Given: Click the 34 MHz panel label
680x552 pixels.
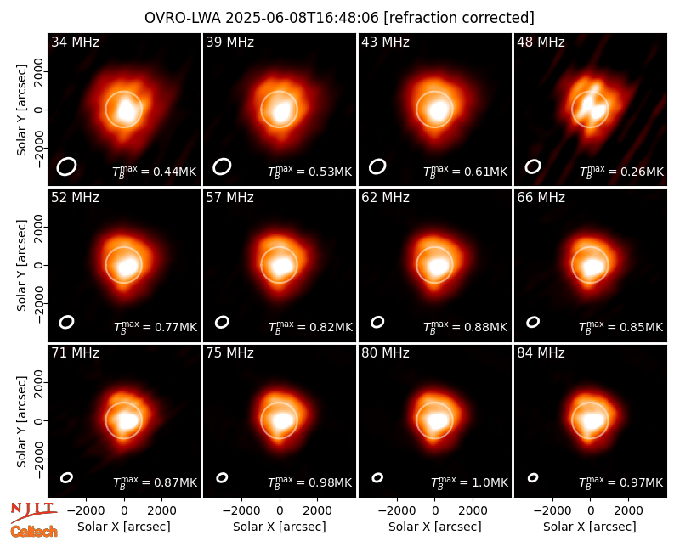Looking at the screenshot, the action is pyautogui.click(x=75, y=42).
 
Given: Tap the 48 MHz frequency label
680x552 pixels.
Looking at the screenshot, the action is pyautogui.click(x=541, y=42).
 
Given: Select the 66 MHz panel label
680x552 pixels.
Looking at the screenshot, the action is pyautogui.click(x=541, y=198).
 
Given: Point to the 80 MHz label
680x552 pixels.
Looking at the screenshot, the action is pyautogui.click(x=385, y=353).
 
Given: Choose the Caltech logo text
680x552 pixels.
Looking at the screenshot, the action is pyautogui.click(x=34, y=532).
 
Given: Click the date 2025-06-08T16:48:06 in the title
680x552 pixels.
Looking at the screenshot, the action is pyautogui.click(x=302, y=18).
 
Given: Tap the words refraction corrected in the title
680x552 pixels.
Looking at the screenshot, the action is pyautogui.click(x=459, y=18).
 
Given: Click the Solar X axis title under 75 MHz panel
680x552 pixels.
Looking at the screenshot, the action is pyautogui.click(x=280, y=527).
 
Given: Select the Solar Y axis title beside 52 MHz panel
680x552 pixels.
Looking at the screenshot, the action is pyautogui.click(x=21, y=265).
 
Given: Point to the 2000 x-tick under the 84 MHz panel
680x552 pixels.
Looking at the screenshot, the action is pyautogui.click(x=628, y=511).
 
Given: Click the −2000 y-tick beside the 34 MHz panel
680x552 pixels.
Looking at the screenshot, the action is pyautogui.click(x=38, y=148).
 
